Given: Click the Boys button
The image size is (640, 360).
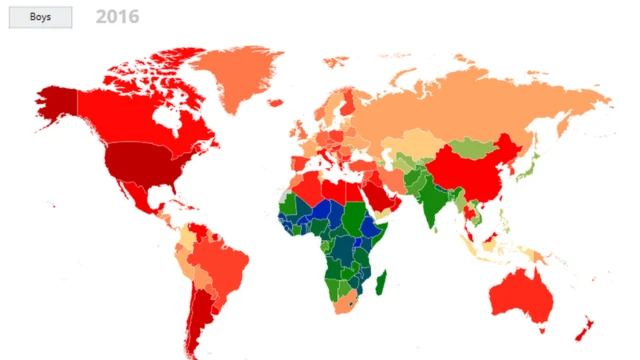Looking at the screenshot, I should (40, 17).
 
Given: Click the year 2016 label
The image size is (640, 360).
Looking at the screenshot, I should (118, 17).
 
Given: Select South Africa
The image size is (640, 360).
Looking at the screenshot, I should (344, 301).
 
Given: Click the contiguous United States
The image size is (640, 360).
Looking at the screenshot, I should (140, 160).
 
